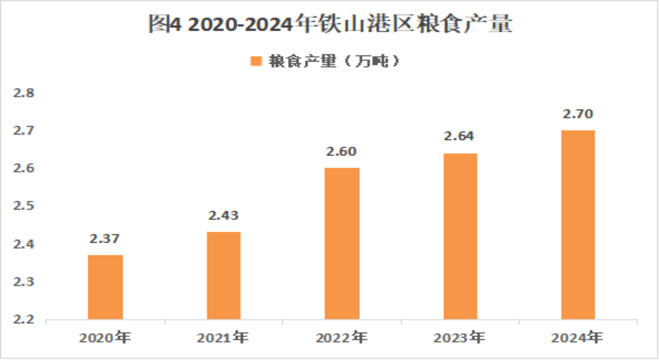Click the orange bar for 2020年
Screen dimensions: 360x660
pos(105,287)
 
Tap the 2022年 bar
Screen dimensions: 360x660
pos(342,243)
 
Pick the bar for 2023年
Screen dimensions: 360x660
pos(460,236)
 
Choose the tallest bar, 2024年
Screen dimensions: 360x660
pos(578,225)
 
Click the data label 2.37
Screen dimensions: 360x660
pos(105,239)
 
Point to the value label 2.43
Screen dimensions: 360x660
pos(223,215)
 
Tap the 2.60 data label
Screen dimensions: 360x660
pos(341,152)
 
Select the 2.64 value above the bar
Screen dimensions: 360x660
pos(459,136)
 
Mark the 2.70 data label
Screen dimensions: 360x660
pos(578,114)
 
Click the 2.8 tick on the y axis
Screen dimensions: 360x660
pos(24,93)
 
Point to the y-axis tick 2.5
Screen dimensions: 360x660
pos(24,206)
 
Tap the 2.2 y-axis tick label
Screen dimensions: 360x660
pos(24,319)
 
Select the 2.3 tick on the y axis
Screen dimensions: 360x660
pos(24,282)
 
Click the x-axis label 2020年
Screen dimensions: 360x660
pos(105,338)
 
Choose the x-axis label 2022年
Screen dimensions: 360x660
pos(342,338)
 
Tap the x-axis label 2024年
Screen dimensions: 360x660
pos(577,338)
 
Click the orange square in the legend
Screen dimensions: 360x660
pos(256,61)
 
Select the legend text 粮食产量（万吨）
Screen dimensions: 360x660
pos(334,61)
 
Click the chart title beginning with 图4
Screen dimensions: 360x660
pos(330,24)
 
